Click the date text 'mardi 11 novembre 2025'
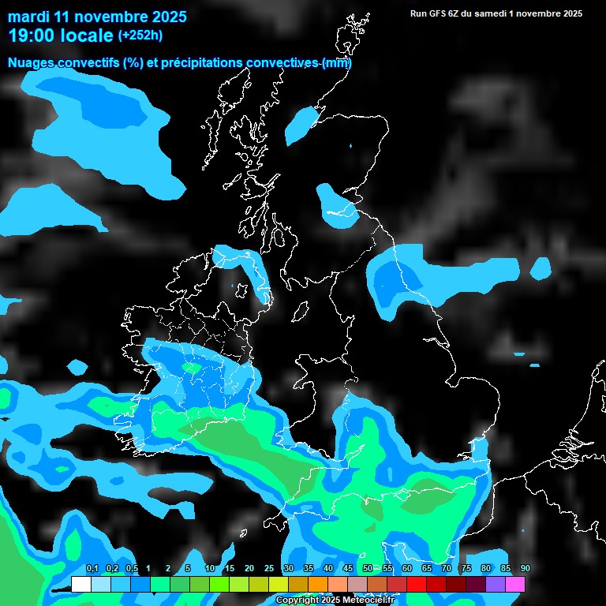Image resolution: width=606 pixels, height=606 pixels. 97,17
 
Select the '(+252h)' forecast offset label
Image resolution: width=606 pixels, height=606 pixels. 142,36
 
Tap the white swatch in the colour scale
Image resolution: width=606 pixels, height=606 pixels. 80,584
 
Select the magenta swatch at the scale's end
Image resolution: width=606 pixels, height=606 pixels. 515,584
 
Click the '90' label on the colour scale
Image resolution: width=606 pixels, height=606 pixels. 525,568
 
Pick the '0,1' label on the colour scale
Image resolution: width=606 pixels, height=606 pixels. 92,568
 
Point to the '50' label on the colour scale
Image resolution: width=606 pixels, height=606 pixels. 367,568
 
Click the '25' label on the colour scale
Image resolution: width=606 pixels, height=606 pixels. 268,568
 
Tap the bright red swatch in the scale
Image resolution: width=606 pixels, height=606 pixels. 417,584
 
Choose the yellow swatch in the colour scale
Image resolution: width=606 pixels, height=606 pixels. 279,584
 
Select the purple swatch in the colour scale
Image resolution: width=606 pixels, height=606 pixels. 496,584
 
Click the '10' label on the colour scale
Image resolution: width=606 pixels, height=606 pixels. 209,568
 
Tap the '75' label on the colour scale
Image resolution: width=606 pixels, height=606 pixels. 466,568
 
